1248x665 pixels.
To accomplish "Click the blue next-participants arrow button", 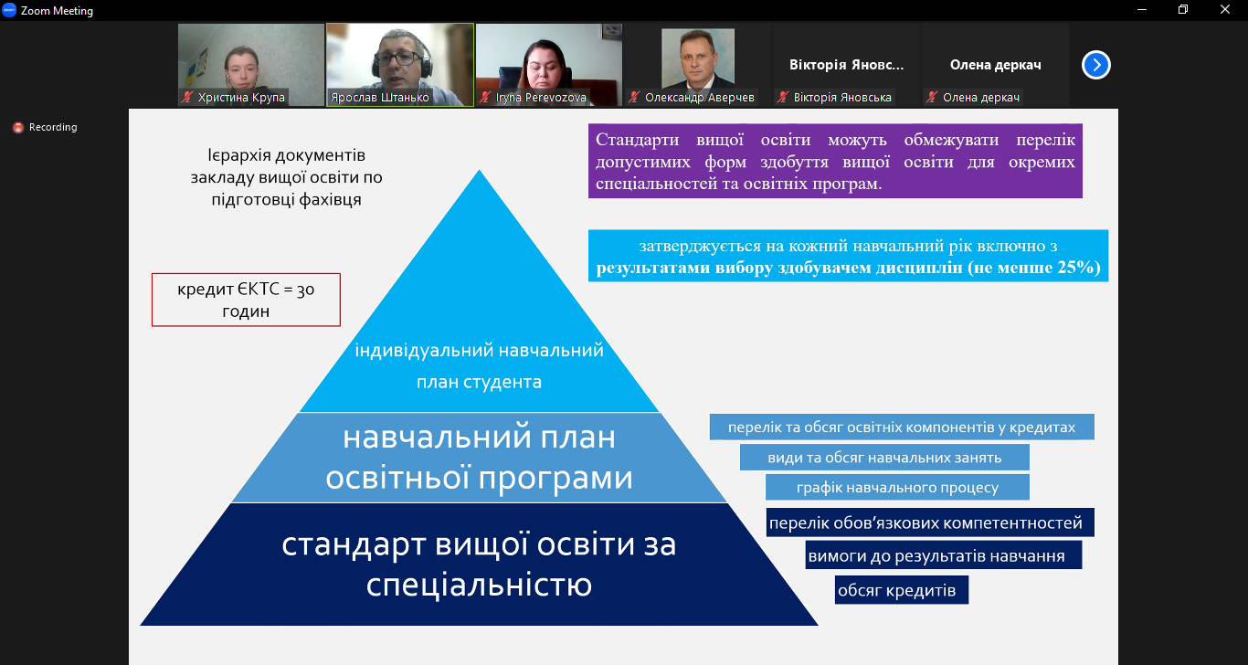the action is pos(1096,65).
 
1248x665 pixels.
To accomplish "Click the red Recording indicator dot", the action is pos(18,128).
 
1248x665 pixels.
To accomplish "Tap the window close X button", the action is pos(1224,9).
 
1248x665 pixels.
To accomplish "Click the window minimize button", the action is pos(1142,9).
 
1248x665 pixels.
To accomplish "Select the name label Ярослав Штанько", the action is pos(379,98).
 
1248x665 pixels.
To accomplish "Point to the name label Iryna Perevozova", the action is pos(541,98).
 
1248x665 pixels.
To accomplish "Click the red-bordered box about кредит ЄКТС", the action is pos(246,300).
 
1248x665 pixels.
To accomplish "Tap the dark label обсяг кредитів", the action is pos(902,590).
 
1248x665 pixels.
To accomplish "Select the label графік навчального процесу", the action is pos(897,488).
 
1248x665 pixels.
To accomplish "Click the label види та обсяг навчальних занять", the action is pos(884,458).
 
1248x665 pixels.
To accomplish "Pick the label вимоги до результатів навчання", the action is pos(943,555).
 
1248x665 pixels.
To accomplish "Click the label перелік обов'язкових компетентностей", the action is pos(930,522).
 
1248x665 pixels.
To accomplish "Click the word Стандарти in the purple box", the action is pos(637,139).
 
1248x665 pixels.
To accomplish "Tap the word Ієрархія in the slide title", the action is pos(243,155).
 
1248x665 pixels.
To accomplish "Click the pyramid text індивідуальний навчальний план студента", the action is pos(479,366).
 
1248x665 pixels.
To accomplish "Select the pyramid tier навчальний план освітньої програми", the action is pos(479,458).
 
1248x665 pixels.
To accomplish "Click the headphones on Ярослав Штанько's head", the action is pos(427,62).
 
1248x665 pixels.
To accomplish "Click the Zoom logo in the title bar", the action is pos(9,10).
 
